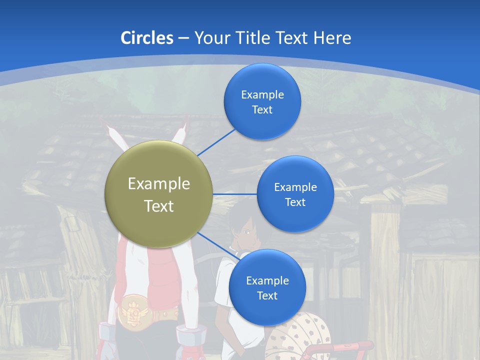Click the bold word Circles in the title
(146, 38)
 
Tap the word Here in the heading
(332, 38)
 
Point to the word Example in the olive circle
(159, 184)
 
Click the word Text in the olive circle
(159, 206)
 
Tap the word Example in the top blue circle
(262, 94)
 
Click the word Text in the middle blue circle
(295, 202)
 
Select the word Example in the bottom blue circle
(267, 280)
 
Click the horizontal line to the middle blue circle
(234, 194)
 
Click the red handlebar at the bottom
(345, 346)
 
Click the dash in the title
(183, 38)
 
